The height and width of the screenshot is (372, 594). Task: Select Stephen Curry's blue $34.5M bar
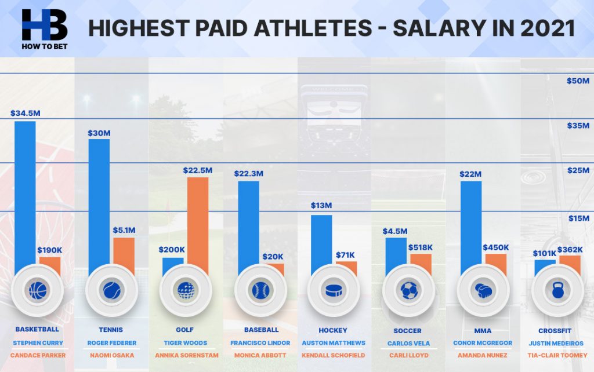coord(25,191)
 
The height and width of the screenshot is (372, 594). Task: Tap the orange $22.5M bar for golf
coord(198,220)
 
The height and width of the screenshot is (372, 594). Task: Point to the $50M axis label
coord(578,81)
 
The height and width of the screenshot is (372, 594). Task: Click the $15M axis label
coord(578,218)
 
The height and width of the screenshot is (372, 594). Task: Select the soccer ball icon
coord(409,290)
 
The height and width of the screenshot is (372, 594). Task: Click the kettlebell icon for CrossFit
coord(557,290)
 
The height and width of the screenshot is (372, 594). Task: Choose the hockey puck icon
coord(334,290)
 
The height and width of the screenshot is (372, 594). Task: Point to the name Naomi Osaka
coord(111,355)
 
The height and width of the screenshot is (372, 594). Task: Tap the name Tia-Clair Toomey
coord(557,355)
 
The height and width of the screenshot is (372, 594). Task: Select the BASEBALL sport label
coord(259,330)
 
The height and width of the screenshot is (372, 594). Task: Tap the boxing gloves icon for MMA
coord(483,290)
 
